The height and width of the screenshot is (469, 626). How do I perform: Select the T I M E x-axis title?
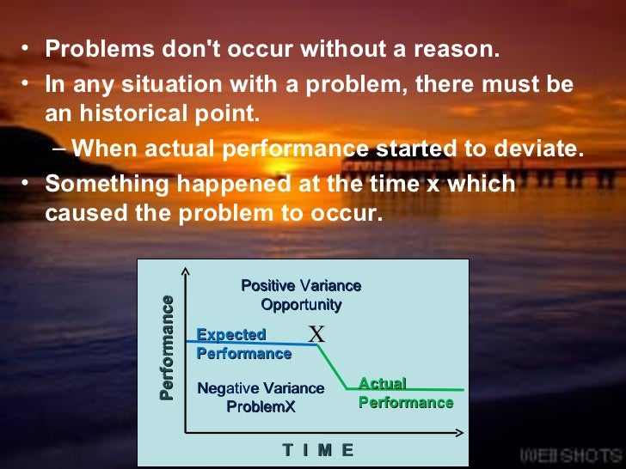(x=317, y=450)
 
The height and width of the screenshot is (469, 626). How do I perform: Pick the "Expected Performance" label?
(x=243, y=344)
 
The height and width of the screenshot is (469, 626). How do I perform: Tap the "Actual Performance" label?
(x=405, y=393)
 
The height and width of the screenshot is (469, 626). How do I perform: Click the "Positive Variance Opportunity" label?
(x=301, y=295)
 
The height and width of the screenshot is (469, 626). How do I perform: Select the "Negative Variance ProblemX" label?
(x=261, y=397)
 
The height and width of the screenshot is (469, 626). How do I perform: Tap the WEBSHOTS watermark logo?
(x=568, y=454)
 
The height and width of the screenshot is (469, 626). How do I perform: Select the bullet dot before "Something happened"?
(x=28, y=184)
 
